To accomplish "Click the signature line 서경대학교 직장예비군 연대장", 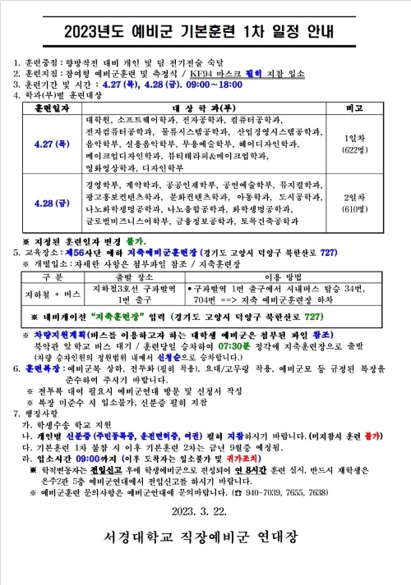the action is coord(205,540).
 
